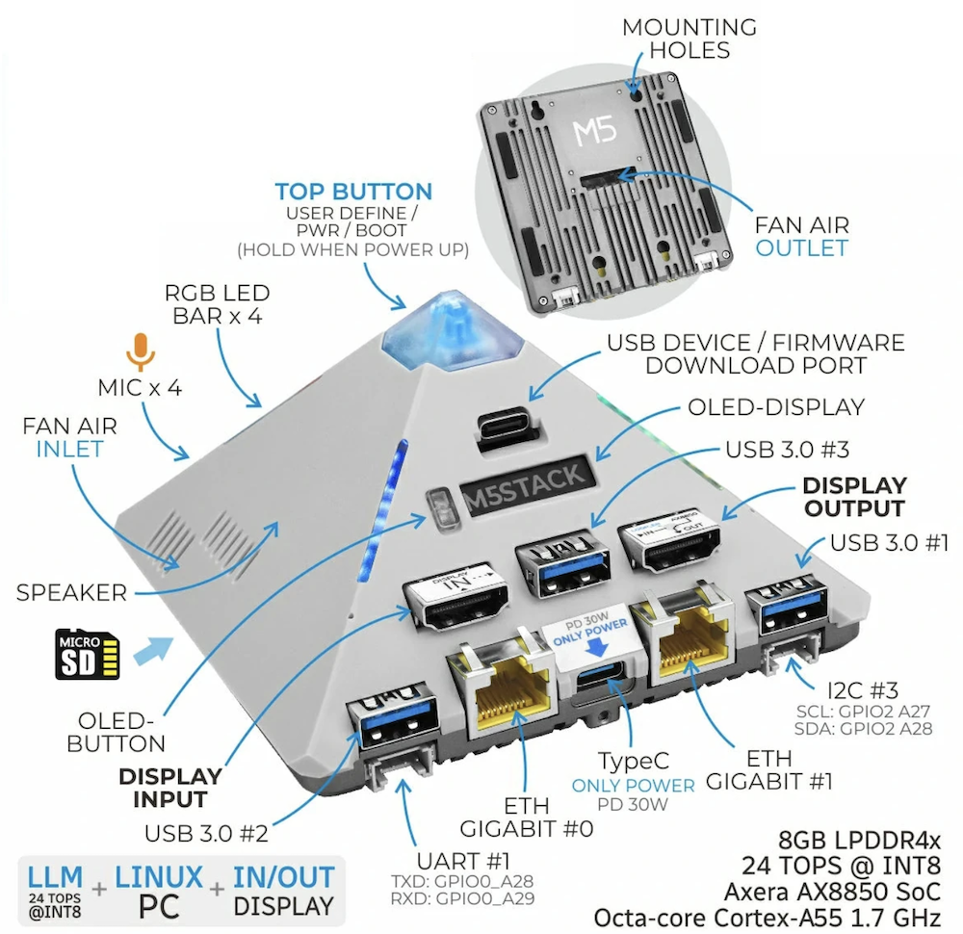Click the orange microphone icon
click(x=142, y=352)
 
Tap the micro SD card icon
click(x=88, y=653)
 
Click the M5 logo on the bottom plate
click(x=594, y=129)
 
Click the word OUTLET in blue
click(x=801, y=248)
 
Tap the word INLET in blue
click(x=69, y=450)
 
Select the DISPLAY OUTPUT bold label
click(x=854, y=496)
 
